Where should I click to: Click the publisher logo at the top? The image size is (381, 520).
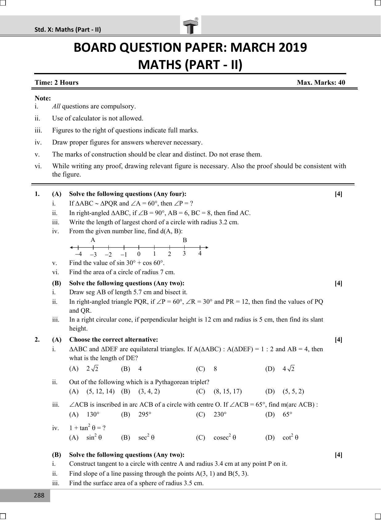pyautogui.click(x=190, y=26)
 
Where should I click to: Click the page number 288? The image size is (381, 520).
pyautogui.click(x=39, y=495)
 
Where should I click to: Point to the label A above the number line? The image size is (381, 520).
pyautogui.click(x=93, y=240)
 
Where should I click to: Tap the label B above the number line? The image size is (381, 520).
pyautogui.click(x=185, y=240)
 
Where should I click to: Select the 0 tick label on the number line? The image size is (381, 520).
pyautogui.click(x=139, y=254)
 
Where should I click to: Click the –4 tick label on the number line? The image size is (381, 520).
pyautogui.click(x=78, y=254)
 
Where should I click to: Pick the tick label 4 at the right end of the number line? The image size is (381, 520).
pyautogui.click(x=200, y=254)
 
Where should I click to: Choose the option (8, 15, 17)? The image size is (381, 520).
pyautogui.click(x=227, y=391)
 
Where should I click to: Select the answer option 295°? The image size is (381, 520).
pyautogui.click(x=145, y=414)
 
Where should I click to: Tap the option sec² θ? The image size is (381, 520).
pyautogui.click(x=146, y=437)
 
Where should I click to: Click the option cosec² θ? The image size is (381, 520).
pyautogui.click(x=225, y=437)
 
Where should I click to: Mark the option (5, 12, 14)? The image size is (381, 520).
pyautogui.click(x=100, y=391)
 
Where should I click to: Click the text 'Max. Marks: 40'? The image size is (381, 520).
pyautogui.click(x=321, y=83)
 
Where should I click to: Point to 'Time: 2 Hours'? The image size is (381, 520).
pyautogui.click(x=57, y=83)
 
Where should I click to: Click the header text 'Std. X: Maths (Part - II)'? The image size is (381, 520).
pyautogui.click(x=68, y=30)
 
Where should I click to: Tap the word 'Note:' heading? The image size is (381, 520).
pyautogui.click(x=43, y=98)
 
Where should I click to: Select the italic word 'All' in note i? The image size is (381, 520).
pyautogui.click(x=56, y=106)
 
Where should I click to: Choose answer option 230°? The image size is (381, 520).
pyautogui.click(x=220, y=414)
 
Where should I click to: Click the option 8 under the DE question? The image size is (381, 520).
pyautogui.click(x=215, y=369)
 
